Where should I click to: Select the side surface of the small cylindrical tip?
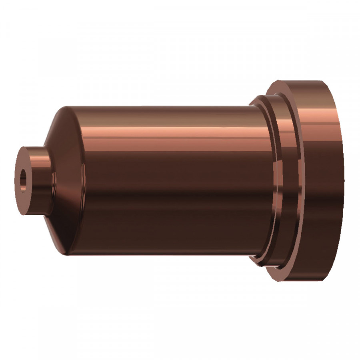pos(38,180)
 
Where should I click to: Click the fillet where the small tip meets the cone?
pos(51,180)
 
